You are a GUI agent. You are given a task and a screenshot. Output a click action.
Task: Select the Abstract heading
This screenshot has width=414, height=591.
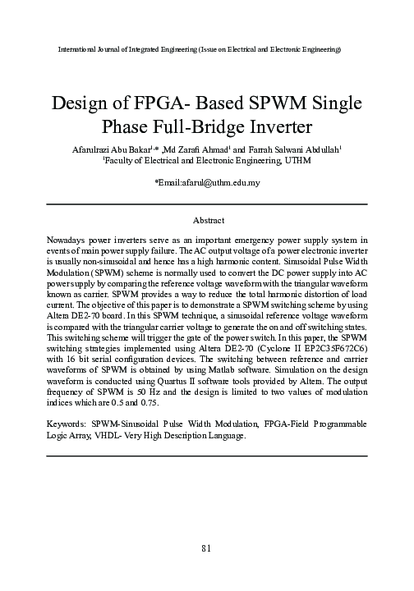click(207, 221)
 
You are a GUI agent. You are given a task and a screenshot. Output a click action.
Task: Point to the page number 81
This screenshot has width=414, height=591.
click(207, 547)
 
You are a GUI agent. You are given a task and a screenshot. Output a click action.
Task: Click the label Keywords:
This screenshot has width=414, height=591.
click(69, 423)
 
